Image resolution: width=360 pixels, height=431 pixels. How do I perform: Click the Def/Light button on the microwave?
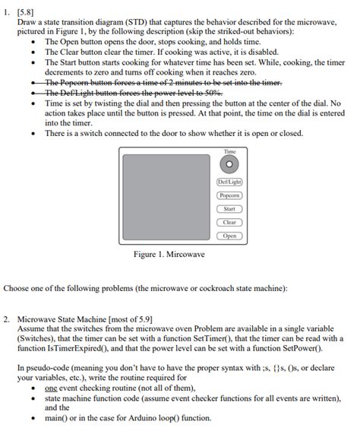click(x=229, y=182)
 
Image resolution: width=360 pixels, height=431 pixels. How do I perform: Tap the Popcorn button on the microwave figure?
click(x=229, y=195)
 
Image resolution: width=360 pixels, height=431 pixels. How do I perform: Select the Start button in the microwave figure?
click(x=229, y=208)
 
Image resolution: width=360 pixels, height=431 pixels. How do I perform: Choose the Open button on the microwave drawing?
click(x=229, y=236)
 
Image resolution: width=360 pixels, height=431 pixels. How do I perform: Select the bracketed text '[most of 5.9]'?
click(x=128, y=319)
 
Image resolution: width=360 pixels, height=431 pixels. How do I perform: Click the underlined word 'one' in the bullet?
click(x=52, y=388)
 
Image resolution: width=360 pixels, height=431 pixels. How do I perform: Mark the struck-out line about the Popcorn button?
click(x=163, y=82)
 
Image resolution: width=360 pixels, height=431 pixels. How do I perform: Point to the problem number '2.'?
click(x=7, y=319)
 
